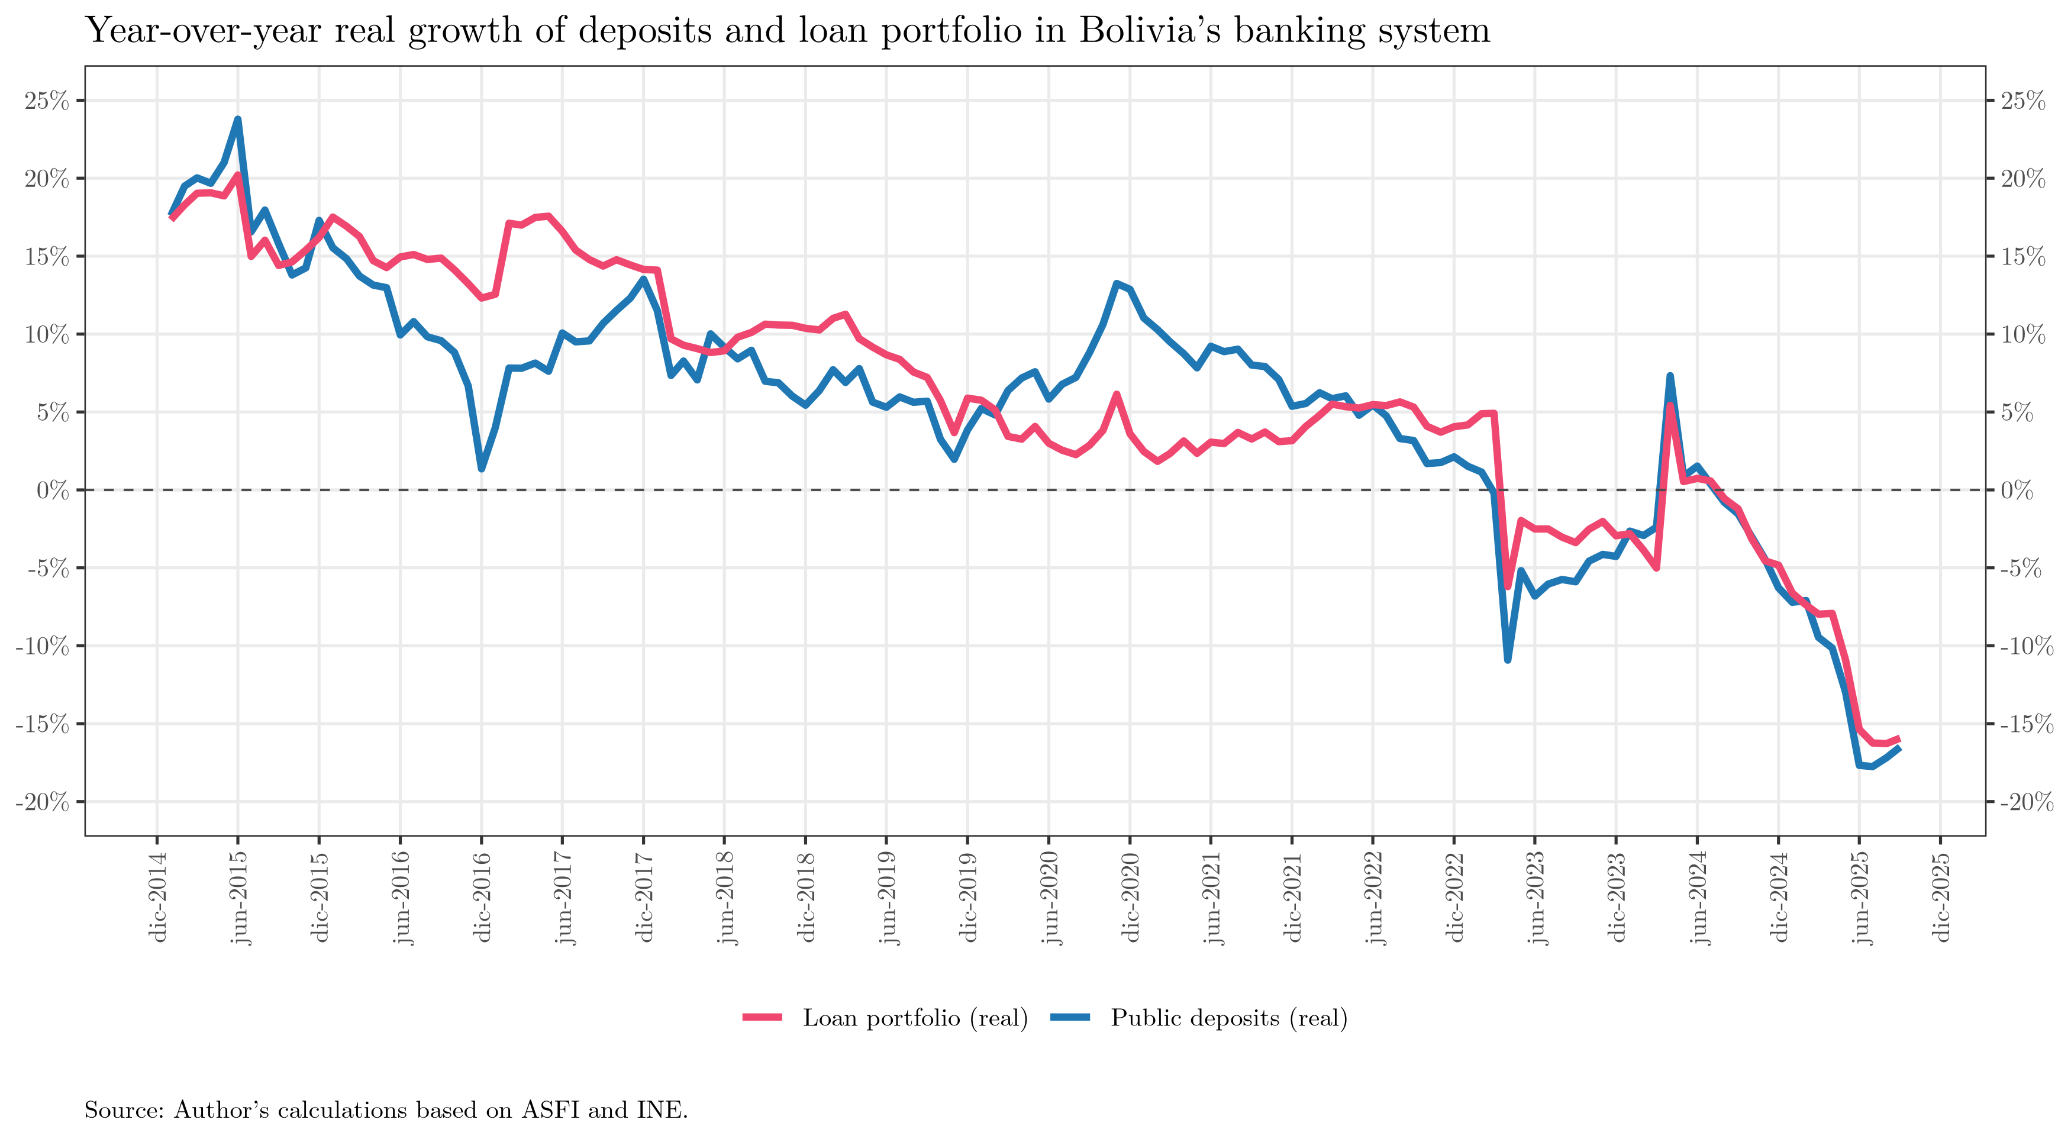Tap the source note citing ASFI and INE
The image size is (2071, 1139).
coord(386,1110)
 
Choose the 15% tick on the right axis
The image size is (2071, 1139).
coord(2022,257)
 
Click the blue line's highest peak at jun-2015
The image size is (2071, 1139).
coord(238,120)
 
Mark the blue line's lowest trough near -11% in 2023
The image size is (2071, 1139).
coord(1508,660)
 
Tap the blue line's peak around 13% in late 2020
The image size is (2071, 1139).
coord(1117,283)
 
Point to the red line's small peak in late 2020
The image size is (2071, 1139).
coord(1117,394)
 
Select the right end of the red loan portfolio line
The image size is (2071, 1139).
coord(1899,738)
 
